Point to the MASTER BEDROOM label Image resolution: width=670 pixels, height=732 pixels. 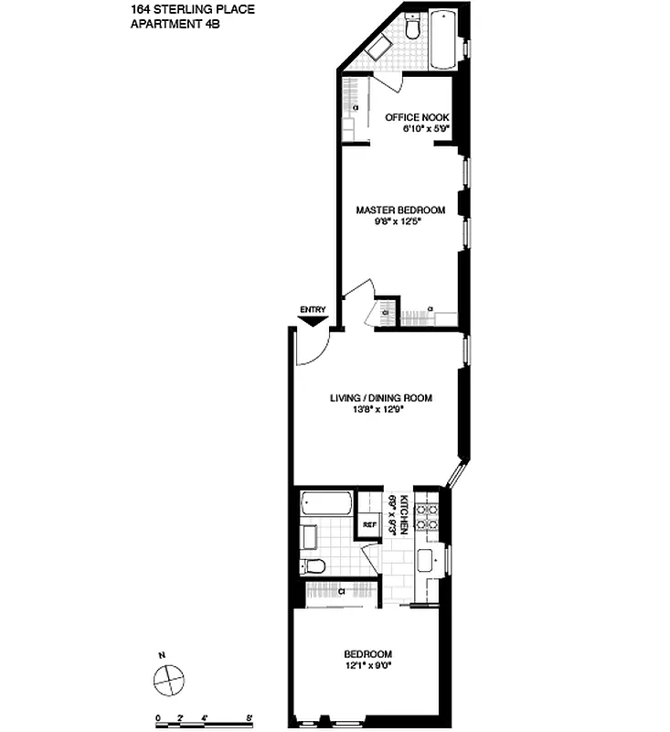click(x=400, y=210)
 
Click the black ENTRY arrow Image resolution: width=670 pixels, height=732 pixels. click(x=313, y=320)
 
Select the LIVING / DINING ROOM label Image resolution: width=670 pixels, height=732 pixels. click(x=380, y=398)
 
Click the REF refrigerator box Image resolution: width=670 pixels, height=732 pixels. click(x=369, y=524)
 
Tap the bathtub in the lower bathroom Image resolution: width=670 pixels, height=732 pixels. click(x=326, y=504)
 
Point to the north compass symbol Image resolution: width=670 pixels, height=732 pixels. click(x=170, y=679)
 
